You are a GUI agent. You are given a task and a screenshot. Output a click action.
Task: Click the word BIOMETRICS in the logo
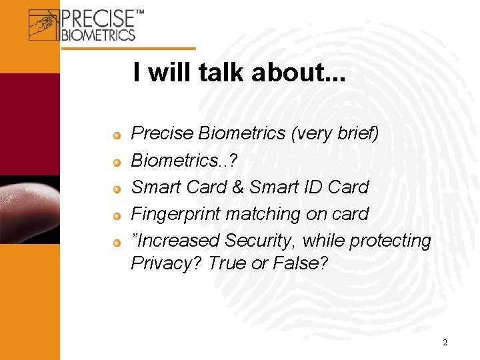pos(98,34)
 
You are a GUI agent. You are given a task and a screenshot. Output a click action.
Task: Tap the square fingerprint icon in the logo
pos(44,25)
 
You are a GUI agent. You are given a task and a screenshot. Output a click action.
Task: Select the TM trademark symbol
pos(139,13)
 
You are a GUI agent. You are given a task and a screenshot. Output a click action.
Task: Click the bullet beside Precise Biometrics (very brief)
pos(117,136)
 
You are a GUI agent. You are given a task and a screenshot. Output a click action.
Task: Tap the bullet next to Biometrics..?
pos(117,163)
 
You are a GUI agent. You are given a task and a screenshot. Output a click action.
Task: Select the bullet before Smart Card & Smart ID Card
pos(117,189)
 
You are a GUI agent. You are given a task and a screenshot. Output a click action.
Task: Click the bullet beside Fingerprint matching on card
pos(117,216)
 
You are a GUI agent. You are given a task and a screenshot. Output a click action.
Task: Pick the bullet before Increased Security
pos(117,243)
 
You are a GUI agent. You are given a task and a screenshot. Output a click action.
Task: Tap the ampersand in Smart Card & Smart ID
pos(238,187)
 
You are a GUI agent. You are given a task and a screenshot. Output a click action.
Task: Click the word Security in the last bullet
pos(262,241)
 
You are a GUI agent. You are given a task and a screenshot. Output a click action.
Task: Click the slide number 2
pos(445,343)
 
